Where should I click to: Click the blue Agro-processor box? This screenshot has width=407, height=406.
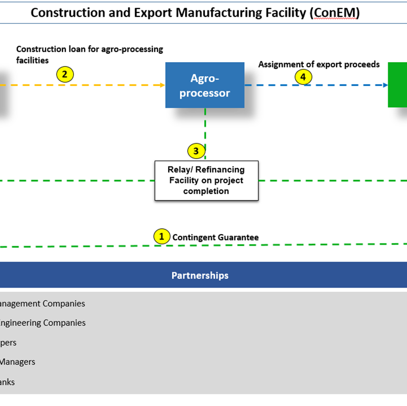click(x=204, y=85)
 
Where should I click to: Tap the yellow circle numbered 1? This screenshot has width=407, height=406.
click(x=161, y=237)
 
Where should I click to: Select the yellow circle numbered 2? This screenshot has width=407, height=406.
click(x=65, y=75)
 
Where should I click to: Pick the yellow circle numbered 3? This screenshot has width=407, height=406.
click(x=196, y=151)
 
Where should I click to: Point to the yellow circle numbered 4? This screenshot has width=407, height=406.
click(x=303, y=77)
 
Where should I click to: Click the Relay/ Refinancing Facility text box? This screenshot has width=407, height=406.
click(x=206, y=180)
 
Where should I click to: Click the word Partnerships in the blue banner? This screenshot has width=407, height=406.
click(x=200, y=275)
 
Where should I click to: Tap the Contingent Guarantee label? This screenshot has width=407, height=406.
click(x=215, y=238)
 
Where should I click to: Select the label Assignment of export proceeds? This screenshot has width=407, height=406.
click(x=319, y=65)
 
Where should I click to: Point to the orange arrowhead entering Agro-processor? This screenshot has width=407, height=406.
click(x=162, y=85)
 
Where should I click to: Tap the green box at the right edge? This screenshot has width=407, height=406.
click(x=398, y=84)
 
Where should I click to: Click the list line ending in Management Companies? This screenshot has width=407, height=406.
click(x=42, y=304)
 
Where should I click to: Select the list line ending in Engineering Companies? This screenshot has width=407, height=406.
click(x=43, y=323)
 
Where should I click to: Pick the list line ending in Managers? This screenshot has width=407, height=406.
click(x=17, y=362)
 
